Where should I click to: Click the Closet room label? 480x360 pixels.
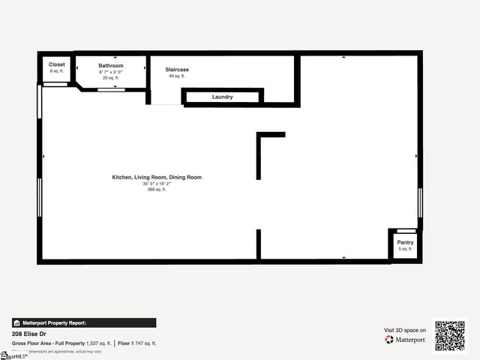[x=57, y=64]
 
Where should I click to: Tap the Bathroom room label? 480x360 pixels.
[x=111, y=66]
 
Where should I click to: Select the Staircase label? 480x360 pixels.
[x=177, y=70]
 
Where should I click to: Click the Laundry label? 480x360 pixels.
[x=222, y=97]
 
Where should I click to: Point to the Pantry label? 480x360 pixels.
[x=405, y=242]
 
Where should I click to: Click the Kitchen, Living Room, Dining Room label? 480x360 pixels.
[x=157, y=177]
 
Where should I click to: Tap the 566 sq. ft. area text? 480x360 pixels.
[x=157, y=190]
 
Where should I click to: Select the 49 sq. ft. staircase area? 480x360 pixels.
[x=177, y=76]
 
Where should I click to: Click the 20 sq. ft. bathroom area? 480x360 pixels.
[x=111, y=78]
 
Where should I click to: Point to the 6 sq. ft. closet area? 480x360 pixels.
[x=57, y=71]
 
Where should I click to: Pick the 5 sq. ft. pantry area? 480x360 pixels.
[x=405, y=249]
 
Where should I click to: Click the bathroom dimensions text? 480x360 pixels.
[x=111, y=72]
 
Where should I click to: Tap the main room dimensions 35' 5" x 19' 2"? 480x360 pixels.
[x=157, y=184]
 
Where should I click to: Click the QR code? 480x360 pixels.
[x=450, y=335]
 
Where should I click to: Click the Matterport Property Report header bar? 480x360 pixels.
[x=84, y=322]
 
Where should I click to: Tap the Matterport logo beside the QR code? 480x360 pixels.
[x=406, y=340]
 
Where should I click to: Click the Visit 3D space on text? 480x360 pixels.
[x=405, y=330]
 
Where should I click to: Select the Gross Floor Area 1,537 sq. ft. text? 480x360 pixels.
[x=61, y=343]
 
